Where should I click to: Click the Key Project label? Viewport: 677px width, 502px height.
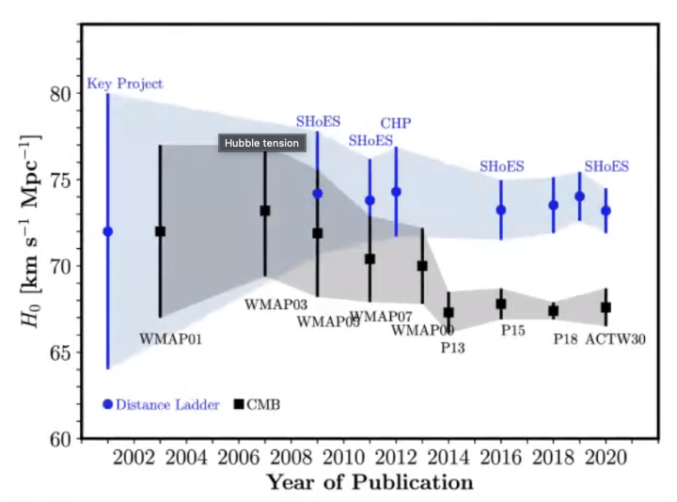click(x=125, y=84)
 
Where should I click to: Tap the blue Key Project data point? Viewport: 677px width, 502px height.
click(x=108, y=231)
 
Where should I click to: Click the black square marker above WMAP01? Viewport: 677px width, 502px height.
click(x=160, y=231)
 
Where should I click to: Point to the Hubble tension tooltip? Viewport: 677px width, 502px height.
click(x=262, y=143)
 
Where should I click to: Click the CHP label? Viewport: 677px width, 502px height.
click(x=396, y=123)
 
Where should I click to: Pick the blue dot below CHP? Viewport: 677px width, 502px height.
click(x=396, y=192)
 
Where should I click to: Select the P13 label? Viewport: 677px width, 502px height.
click(x=453, y=347)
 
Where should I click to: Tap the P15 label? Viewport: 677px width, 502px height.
click(x=512, y=331)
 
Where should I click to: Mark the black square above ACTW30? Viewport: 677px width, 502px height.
click(x=606, y=307)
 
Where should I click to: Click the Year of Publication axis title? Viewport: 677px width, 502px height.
click(x=369, y=483)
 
